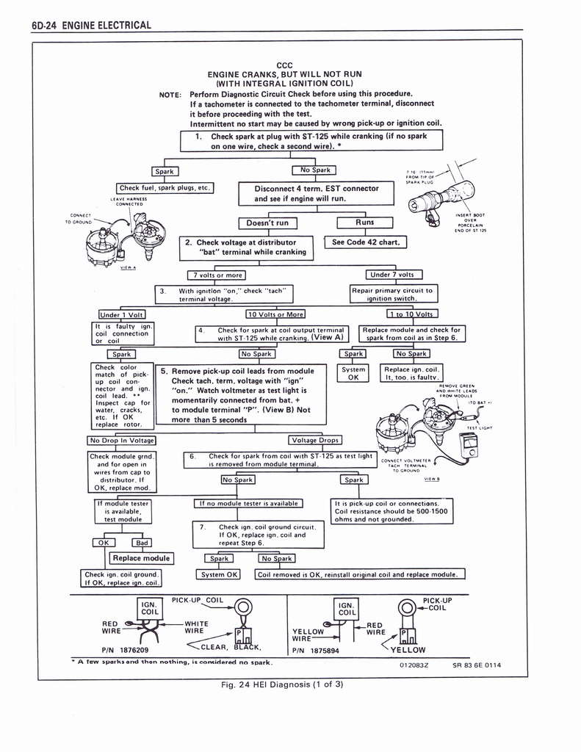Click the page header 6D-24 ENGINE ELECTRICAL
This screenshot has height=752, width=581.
pos(92,26)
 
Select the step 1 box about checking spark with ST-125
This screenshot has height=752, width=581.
pos(312,141)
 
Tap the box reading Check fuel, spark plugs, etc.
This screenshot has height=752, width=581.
pos(165,188)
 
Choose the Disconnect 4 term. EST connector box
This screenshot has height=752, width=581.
pos(317,194)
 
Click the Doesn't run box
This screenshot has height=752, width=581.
pos(267,223)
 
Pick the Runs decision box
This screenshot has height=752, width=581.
pos(364,222)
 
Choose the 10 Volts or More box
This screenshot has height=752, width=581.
pos(275,315)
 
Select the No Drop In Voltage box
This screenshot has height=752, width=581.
pos(122,441)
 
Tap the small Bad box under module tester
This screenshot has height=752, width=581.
pos(142,543)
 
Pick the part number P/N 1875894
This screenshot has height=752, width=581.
pos(317,650)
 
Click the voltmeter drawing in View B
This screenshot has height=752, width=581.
pos(466,445)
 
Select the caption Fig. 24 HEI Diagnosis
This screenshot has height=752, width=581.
pos(283,685)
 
